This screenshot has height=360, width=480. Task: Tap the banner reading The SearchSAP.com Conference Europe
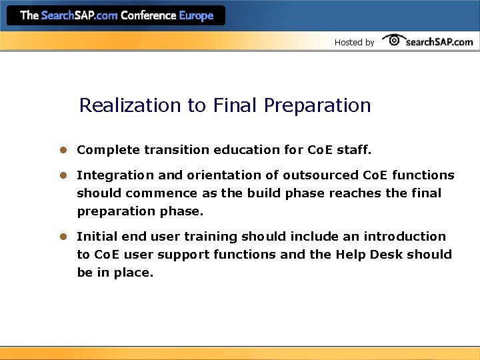[117, 15]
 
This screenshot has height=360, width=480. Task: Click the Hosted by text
[354, 42]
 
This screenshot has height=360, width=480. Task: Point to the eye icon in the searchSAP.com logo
[393, 40]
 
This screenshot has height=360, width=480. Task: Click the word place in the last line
[133, 273]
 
